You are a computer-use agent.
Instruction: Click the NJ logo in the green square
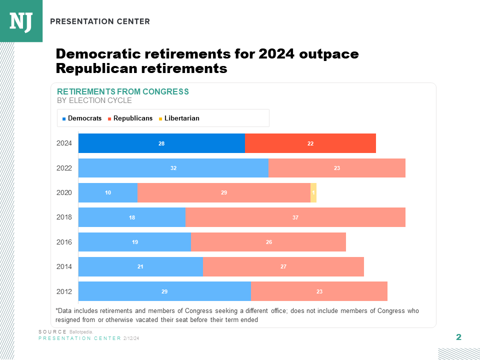click(x=21, y=21)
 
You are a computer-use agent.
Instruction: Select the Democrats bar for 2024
click(x=161, y=143)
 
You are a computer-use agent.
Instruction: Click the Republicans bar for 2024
click(x=310, y=143)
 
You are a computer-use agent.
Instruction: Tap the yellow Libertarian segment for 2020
click(x=313, y=192)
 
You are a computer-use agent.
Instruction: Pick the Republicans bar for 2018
click(x=295, y=217)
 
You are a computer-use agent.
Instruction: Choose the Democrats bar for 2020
click(x=108, y=192)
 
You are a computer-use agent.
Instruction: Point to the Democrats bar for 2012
click(x=164, y=291)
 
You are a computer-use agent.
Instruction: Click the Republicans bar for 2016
click(x=268, y=242)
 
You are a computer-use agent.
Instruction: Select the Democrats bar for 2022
click(x=173, y=168)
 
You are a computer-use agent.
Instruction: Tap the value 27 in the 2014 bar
click(x=283, y=267)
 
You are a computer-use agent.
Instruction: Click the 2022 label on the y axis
click(x=64, y=168)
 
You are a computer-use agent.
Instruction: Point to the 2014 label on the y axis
click(x=64, y=267)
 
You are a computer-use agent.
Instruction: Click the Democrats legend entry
click(x=82, y=118)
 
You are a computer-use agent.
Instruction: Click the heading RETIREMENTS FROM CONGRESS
click(x=123, y=91)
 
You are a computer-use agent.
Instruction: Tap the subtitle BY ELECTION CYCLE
click(x=94, y=100)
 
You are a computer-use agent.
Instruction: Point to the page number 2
click(x=458, y=337)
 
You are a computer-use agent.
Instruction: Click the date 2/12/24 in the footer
click(x=131, y=338)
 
